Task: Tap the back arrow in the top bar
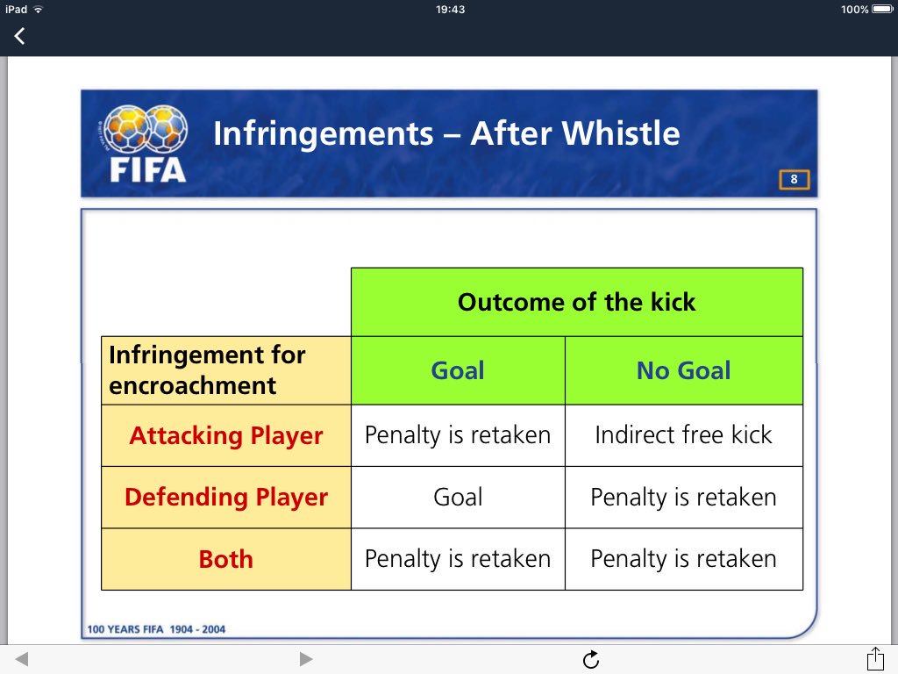click(x=19, y=36)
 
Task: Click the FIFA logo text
click(x=147, y=170)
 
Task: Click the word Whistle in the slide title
click(x=621, y=133)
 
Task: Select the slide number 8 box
click(x=794, y=179)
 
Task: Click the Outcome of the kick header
click(x=577, y=302)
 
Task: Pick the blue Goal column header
click(x=458, y=370)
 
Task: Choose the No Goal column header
click(x=684, y=370)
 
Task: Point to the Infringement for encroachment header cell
click(x=225, y=370)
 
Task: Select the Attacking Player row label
click(x=225, y=435)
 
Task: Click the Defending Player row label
click(x=225, y=497)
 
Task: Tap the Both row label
click(x=225, y=559)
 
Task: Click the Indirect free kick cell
click(x=684, y=435)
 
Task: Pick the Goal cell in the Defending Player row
click(x=458, y=497)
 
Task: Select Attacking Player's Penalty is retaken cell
click(x=458, y=435)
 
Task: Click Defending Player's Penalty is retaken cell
click(x=684, y=497)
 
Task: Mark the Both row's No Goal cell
click(x=684, y=559)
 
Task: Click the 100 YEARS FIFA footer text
click(x=156, y=629)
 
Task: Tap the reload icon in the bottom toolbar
click(x=591, y=660)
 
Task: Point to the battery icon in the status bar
click(x=882, y=9)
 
